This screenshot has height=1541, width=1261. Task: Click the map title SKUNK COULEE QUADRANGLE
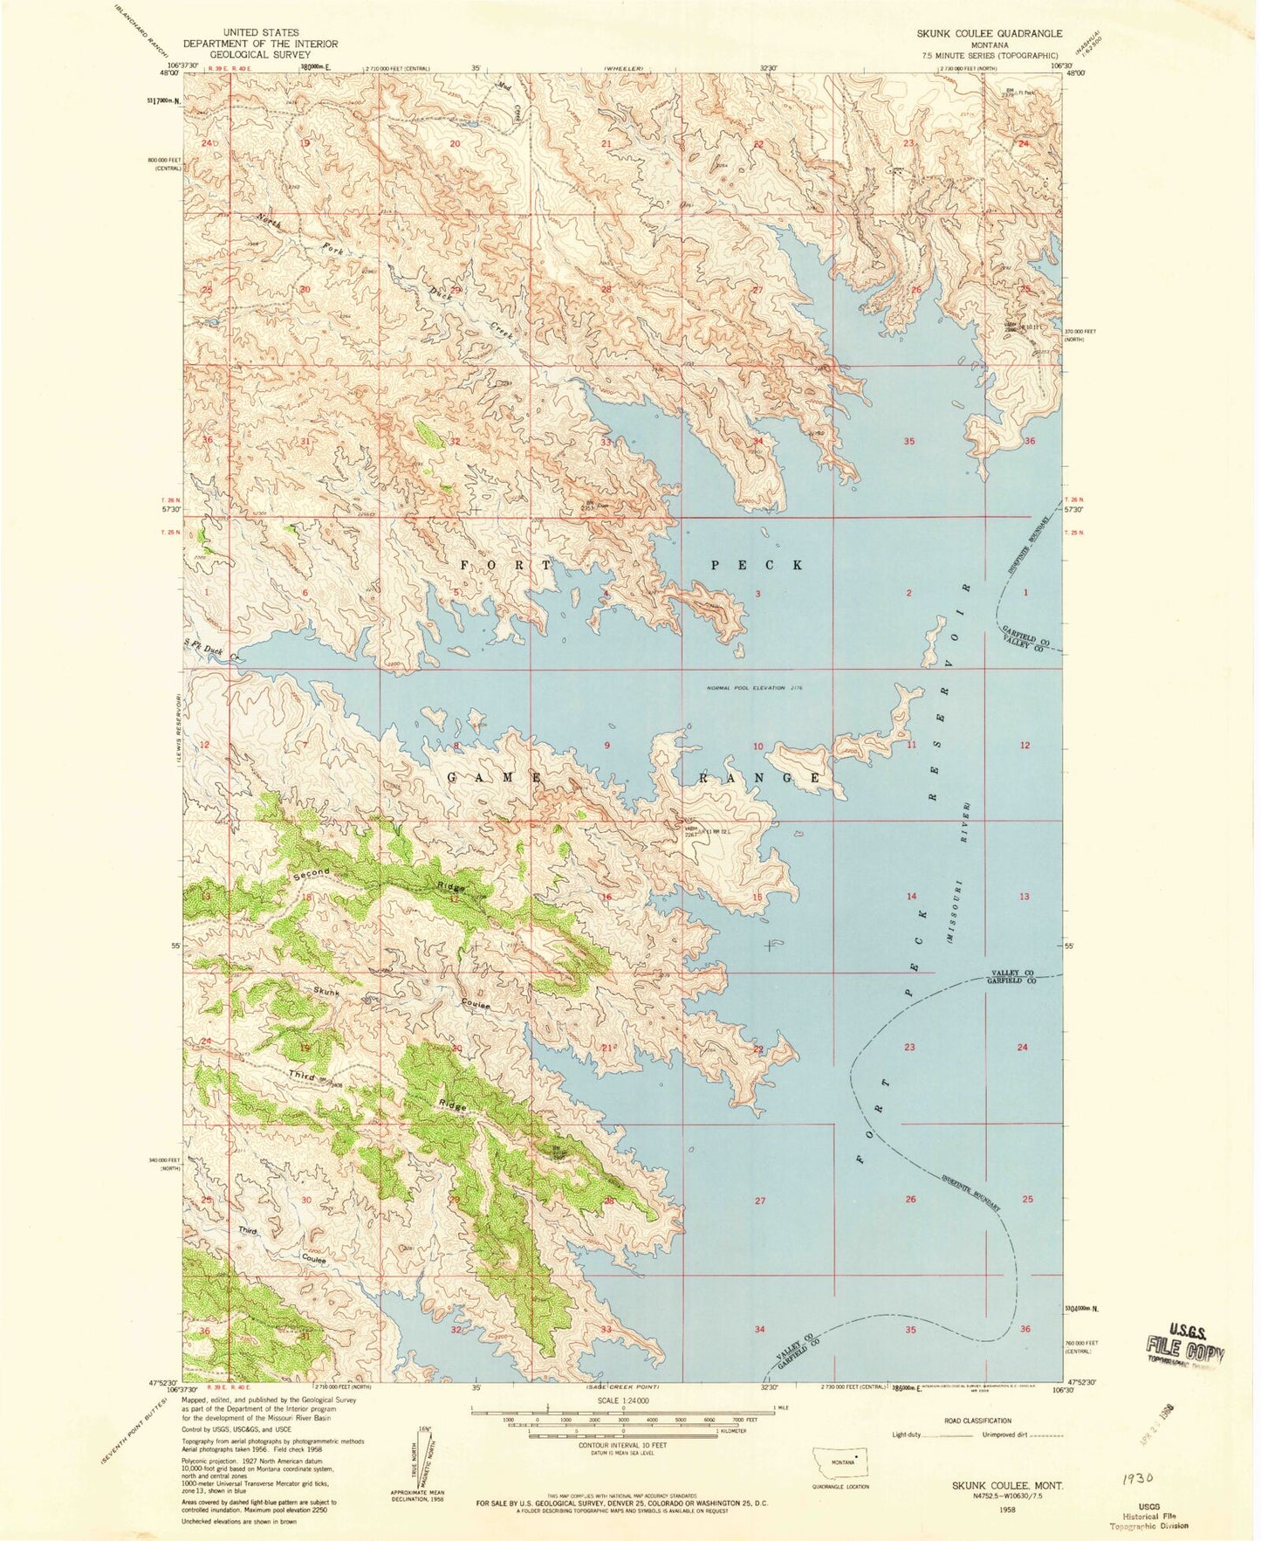pos(989,33)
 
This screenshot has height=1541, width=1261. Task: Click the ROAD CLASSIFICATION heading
pos(977,1421)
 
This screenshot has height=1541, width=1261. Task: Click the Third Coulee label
pos(284,1244)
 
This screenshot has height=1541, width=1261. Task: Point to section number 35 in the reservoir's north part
pos(909,442)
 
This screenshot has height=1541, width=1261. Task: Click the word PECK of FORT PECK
pos(757,565)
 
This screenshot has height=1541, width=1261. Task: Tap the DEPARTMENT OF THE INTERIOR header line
pos(259,44)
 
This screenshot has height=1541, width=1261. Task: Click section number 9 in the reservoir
pos(607,746)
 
